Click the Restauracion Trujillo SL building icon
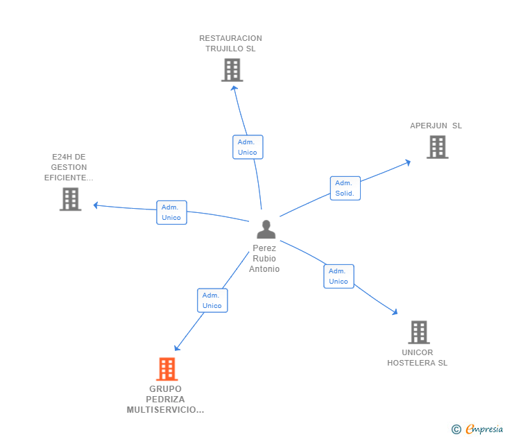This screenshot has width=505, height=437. [232, 70]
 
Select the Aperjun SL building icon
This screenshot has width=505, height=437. [437, 147]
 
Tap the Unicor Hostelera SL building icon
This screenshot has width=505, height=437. [418, 332]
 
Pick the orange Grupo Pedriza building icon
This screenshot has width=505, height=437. [166, 369]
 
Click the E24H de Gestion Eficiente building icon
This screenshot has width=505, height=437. [70, 199]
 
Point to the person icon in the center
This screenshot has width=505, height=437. [266, 229]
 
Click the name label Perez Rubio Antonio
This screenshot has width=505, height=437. [264, 259]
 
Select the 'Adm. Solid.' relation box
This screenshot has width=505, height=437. [345, 188]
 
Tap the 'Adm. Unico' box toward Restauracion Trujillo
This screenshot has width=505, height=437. [248, 147]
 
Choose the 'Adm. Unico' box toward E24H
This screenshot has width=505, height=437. [171, 212]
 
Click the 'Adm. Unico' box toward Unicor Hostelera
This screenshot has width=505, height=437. [339, 276]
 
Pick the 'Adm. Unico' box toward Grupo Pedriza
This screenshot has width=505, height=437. [212, 300]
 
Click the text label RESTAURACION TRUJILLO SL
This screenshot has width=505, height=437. [230, 44]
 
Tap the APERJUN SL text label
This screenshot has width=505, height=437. [436, 126]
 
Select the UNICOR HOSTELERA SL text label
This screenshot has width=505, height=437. [418, 357]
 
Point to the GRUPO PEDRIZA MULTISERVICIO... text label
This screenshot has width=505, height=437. [166, 400]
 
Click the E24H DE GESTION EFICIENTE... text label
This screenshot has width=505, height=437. [69, 167]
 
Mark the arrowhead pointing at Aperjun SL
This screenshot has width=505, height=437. [408, 162]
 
